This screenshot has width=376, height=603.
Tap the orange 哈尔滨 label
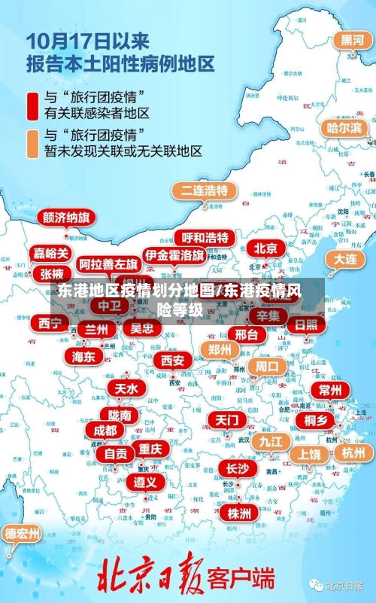344,128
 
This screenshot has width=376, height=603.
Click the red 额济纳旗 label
66,218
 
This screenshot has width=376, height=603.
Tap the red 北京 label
265,248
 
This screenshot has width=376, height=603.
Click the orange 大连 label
345,259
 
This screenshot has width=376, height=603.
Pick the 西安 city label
172,361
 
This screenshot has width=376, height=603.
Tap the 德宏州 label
23,534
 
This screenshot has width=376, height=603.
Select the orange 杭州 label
353,452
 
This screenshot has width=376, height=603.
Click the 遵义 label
146,482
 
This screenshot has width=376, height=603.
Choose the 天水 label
126,388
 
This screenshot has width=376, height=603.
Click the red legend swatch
33,105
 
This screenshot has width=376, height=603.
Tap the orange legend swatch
33,143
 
